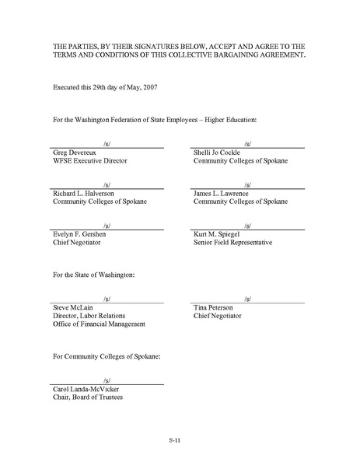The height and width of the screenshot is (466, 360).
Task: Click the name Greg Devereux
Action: pos(70,153)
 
